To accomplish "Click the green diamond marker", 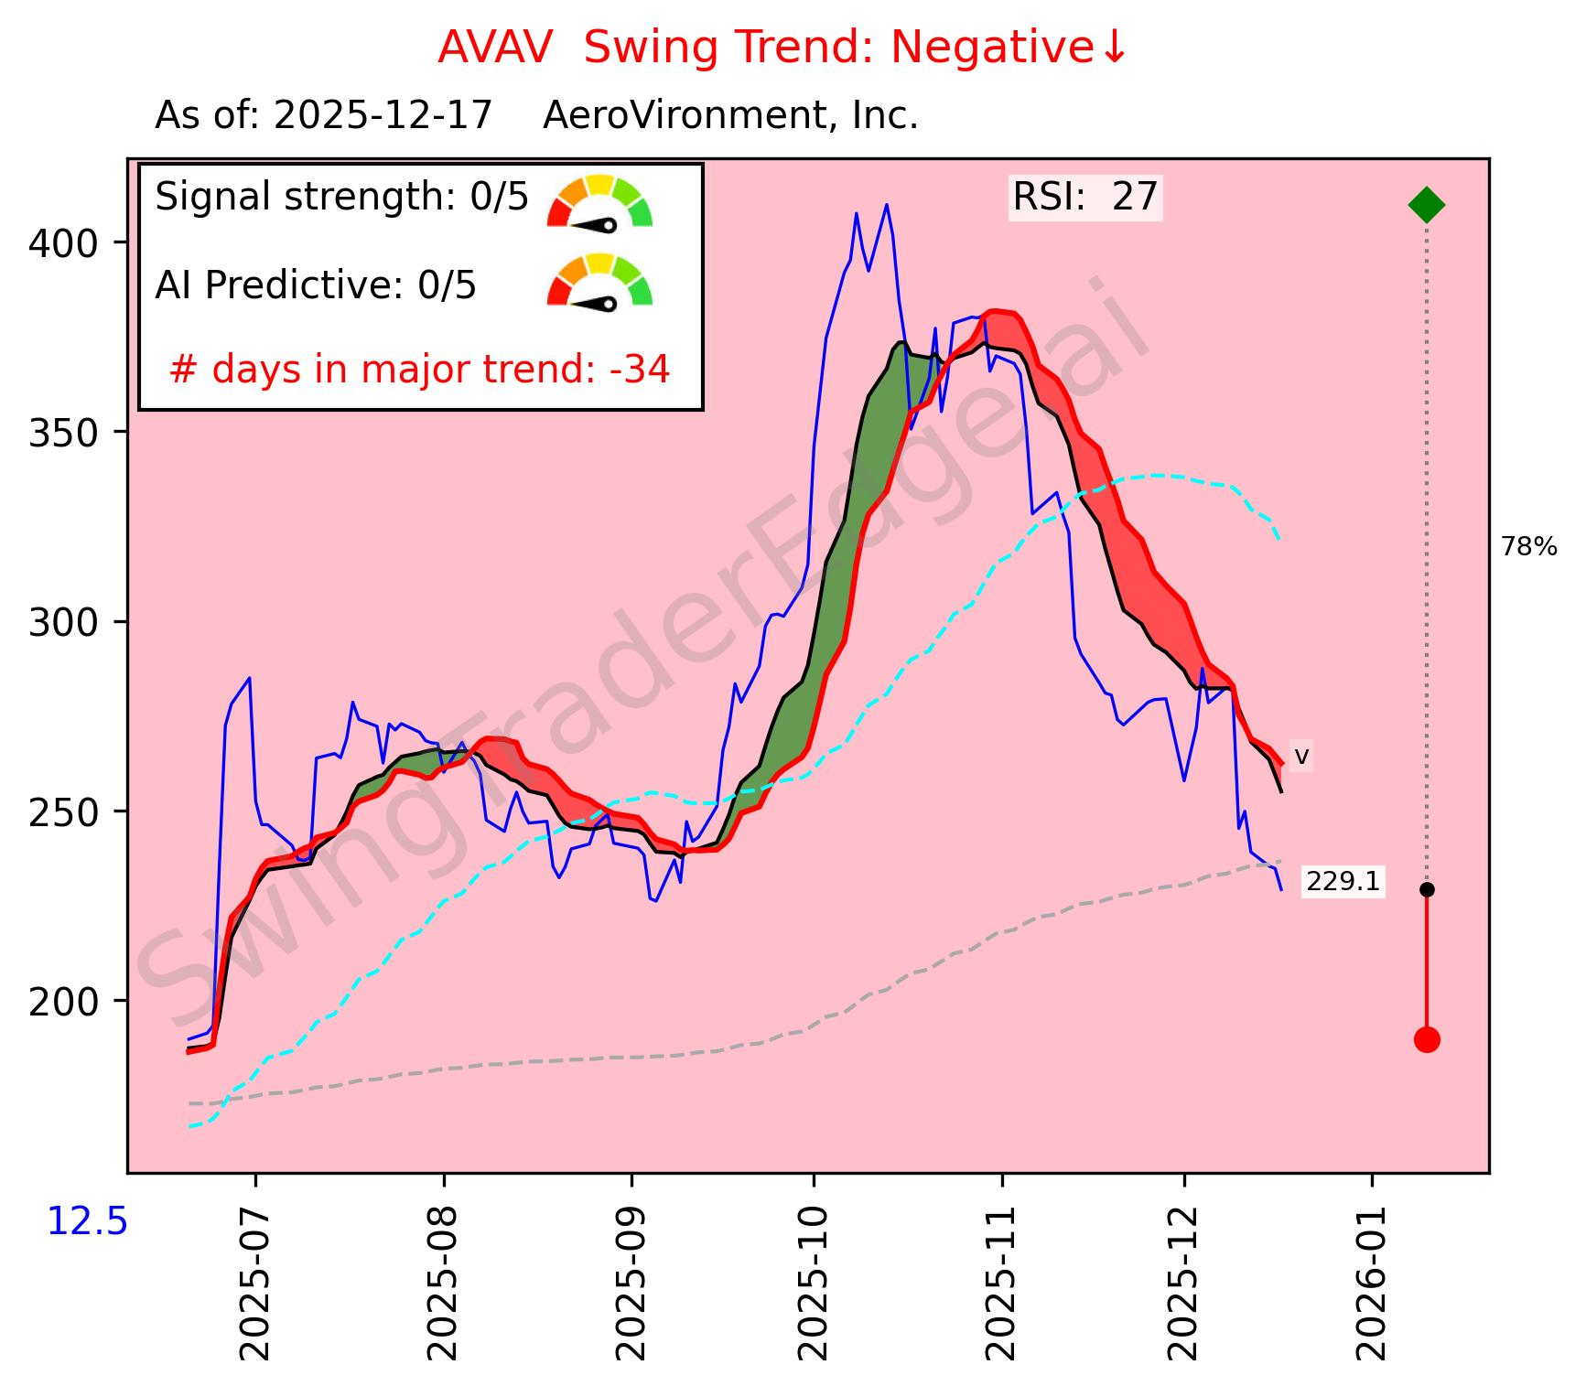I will click(x=1426, y=204).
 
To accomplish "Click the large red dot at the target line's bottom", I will click(x=1426, y=1039).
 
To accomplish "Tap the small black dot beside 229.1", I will click(x=1426, y=889).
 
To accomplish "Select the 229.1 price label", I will click(x=1342, y=882).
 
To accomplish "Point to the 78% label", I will click(x=1528, y=547).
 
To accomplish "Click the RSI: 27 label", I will click(x=1085, y=197).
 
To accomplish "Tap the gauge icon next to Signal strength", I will click(x=599, y=201).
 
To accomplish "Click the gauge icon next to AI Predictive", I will click(x=599, y=281).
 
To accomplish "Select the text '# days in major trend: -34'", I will click(x=420, y=370).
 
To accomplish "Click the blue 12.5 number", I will click(x=87, y=1222).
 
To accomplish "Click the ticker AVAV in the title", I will click(x=495, y=48).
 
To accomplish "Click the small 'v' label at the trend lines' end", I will click(x=1301, y=757).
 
